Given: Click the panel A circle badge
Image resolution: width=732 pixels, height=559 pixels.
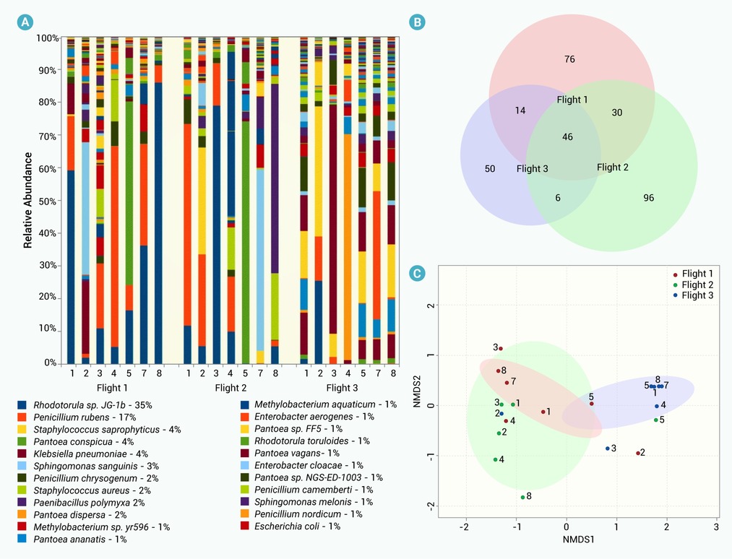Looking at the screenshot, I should [25, 22].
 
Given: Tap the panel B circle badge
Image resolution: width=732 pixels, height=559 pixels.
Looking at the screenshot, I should [417, 22].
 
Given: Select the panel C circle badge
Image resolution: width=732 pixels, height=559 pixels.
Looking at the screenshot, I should [417, 274].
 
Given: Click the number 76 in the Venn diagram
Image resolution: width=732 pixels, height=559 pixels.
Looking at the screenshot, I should [569, 59].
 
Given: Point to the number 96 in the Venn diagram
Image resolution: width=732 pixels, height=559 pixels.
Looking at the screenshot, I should [648, 197].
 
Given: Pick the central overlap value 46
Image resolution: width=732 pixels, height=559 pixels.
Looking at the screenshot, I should [567, 136].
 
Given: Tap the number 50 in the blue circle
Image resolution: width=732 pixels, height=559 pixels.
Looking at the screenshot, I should [490, 168].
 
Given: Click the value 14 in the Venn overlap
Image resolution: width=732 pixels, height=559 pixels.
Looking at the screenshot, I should [520, 110].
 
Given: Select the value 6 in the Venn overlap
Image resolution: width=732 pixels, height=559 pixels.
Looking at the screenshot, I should [557, 197].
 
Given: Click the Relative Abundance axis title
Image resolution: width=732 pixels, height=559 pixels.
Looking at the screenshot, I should [28, 200].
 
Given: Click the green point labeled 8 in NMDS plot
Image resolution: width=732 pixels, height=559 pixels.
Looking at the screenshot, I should [522, 497].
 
